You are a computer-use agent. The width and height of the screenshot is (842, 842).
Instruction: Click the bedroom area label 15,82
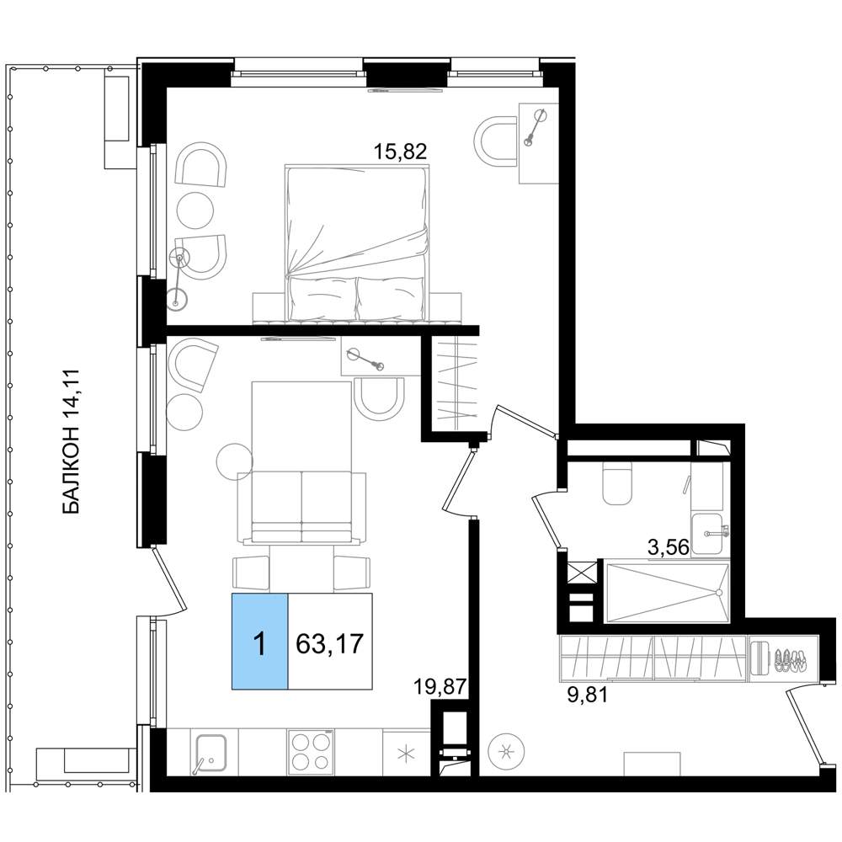pyautogui.click(x=400, y=152)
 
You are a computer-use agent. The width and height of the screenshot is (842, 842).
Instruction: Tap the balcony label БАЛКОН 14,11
pyautogui.click(x=72, y=441)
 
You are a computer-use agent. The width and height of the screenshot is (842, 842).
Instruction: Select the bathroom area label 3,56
pyautogui.click(x=669, y=547)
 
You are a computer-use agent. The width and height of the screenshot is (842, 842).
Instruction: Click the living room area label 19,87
pyautogui.click(x=439, y=687)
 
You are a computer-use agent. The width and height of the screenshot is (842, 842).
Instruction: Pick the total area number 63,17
pyautogui.click(x=330, y=642)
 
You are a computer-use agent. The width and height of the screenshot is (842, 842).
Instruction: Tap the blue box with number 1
pyautogui.click(x=260, y=641)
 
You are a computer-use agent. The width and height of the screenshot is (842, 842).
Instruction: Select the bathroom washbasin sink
pyautogui.click(x=708, y=533)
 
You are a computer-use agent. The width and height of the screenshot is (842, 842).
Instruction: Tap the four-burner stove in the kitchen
pyautogui.click(x=310, y=752)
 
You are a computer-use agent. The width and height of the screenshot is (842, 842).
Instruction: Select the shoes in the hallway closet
pyautogui.click(x=789, y=659)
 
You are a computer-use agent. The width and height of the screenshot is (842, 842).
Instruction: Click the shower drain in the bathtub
pyautogui.click(x=718, y=593)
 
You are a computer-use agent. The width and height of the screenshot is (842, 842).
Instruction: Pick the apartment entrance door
pyautogui.click(x=804, y=724)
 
